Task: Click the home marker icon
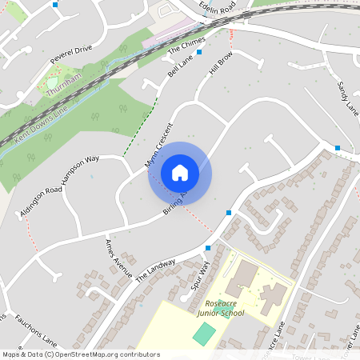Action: [x=180, y=173]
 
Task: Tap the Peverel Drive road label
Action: [x=71, y=54]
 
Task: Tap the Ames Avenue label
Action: [x=118, y=258]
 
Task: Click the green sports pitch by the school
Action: [x=204, y=334]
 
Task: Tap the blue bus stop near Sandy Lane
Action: [x=338, y=148]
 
